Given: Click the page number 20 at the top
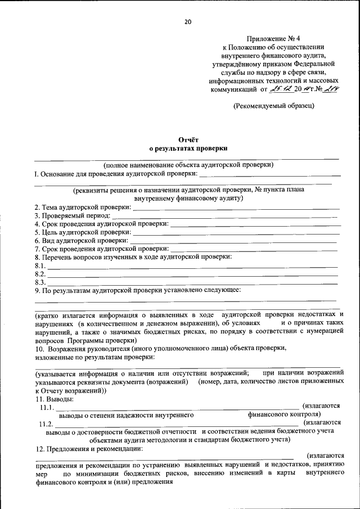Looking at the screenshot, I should [x=188, y=22].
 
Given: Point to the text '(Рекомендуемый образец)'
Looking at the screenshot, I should [x=274, y=105].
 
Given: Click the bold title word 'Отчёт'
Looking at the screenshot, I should [x=188, y=139].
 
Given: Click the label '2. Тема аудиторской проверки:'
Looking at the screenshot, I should [x=83, y=207].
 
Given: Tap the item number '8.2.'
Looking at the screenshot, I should [x=40, y=273].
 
